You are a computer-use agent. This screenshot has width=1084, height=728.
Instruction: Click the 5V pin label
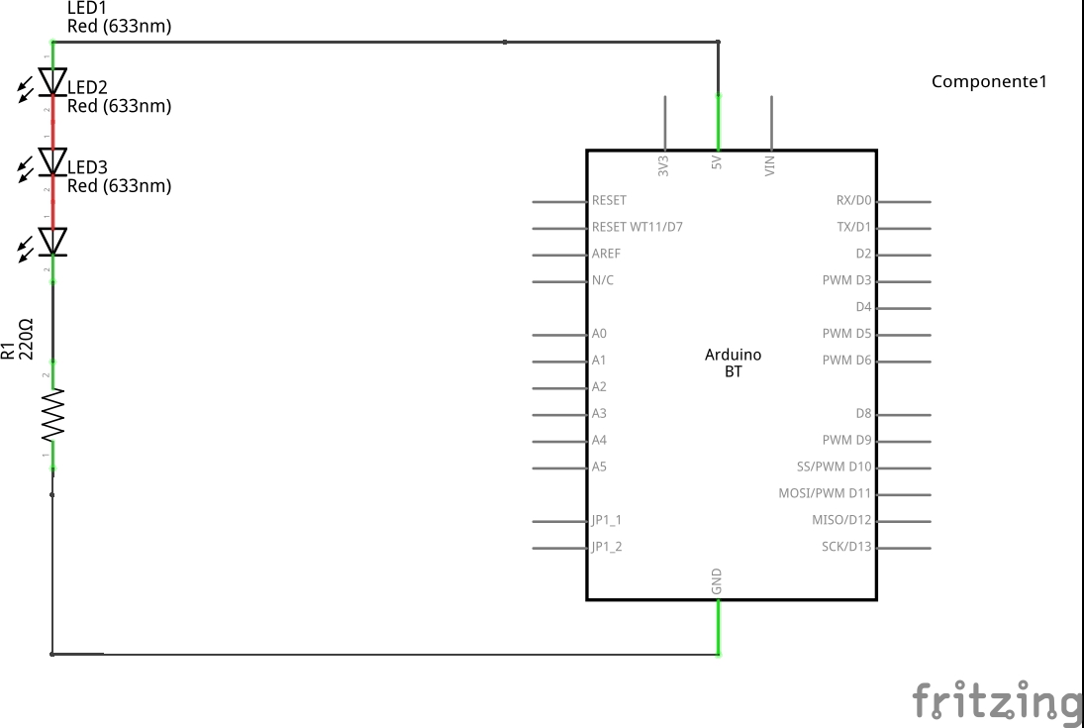716,162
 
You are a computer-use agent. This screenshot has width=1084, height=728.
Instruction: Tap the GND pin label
716,581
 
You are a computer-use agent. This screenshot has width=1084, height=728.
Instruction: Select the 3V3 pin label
663,165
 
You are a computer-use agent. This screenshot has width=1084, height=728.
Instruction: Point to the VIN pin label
769,165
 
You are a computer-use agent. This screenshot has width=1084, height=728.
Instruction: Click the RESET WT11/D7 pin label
637,227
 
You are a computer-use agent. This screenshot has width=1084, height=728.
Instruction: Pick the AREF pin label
606,254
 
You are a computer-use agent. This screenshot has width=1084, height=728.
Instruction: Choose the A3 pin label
599,413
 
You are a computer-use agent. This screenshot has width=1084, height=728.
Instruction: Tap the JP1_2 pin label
606,547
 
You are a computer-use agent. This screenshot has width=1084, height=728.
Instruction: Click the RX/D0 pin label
853,200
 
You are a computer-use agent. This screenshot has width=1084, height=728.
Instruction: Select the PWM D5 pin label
846,334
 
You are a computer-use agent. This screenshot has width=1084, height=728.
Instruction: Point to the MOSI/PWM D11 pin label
825,493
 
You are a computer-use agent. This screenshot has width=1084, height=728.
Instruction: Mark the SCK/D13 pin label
846,547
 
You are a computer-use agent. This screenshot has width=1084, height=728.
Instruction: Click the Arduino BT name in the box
733,364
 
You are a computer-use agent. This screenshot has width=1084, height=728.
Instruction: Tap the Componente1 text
989,81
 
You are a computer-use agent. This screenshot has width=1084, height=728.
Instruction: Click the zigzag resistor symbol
52,415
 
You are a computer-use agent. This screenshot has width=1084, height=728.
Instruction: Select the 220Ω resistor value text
26,339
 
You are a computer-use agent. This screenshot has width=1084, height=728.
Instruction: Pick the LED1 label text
87,8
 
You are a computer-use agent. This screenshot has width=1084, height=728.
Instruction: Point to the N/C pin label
602,280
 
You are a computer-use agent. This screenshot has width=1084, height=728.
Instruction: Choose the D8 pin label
863,413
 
